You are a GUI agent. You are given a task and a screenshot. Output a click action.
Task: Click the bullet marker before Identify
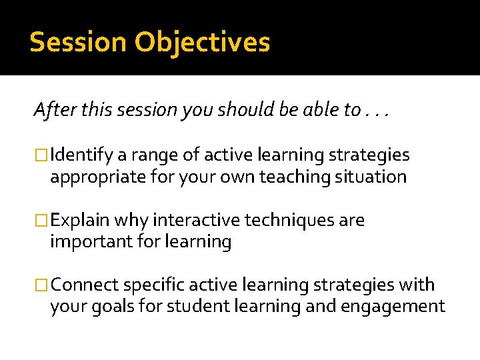pos(41,156)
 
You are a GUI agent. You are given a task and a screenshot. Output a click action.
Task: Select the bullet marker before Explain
pos(41,221)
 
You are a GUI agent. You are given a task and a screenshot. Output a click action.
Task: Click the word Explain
pos(80,221)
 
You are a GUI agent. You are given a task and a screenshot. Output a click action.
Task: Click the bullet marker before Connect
pos(41,285)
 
